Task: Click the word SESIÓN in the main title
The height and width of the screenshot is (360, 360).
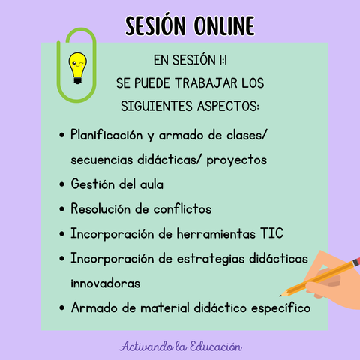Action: coord(155,25)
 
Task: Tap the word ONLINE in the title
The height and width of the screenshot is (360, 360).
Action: coord(224,25)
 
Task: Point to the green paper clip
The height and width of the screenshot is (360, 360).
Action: coord(76,65)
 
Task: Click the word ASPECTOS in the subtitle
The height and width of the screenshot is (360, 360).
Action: coord(228,106)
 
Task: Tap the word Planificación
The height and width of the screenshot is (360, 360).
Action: coord(106,135)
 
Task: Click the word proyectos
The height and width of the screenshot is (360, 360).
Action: coord(237,160)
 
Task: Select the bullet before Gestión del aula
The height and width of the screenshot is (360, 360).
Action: coord(62,184)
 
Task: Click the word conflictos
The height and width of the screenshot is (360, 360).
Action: coord(182,208)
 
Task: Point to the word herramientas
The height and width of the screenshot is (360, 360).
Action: coord(216,233)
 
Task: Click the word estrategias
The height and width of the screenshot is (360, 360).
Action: coord(211,259)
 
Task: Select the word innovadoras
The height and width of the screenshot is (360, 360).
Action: coord(106,283)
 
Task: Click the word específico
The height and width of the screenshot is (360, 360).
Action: coord(281,307)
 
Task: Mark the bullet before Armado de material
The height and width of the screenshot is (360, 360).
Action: coord(62,307)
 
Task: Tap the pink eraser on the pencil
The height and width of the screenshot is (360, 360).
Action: coord(356,261)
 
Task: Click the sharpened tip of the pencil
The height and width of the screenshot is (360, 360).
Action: coord(280,295)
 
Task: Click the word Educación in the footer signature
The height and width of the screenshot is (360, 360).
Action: coord(216,346)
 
